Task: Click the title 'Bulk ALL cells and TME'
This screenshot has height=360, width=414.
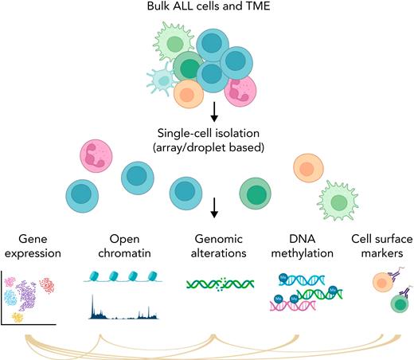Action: (209, 10)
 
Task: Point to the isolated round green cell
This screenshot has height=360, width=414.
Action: (257, 193)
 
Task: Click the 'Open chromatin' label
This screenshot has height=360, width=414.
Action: (121, 247)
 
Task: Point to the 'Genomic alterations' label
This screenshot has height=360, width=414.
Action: (213, 247)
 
